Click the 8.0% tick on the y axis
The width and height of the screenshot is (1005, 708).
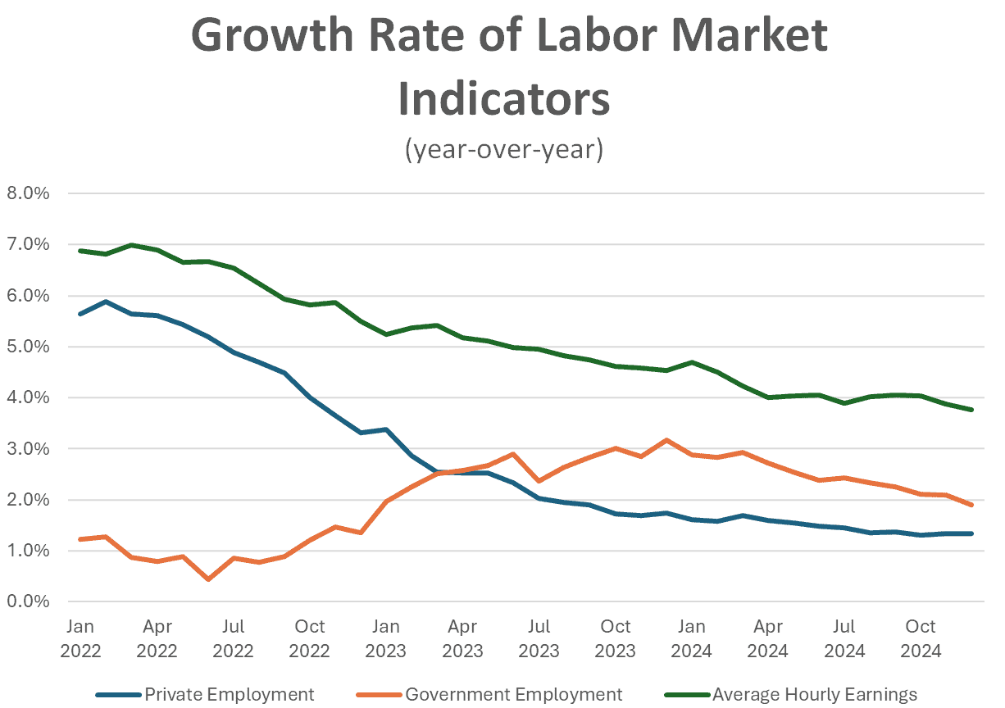click(28, 194)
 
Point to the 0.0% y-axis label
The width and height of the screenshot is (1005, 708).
click(28, 602)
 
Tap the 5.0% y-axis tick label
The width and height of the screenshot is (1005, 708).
click(28, 347)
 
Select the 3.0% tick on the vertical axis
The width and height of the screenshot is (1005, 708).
click(28, 449)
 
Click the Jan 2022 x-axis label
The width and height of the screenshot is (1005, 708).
click(80, 638)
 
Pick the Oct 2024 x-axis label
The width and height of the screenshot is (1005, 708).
click(920, 638)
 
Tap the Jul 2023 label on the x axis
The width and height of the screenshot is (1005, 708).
click(539, 638)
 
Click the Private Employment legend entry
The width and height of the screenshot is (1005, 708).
click(205, 694)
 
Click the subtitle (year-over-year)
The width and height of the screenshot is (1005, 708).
click(503, 150)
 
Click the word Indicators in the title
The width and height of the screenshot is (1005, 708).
click(503, 98)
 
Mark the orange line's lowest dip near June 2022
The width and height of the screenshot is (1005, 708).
click(208, 579)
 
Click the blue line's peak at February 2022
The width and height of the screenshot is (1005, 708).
click(106, 302)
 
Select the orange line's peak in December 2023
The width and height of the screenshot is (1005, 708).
click(666, 440)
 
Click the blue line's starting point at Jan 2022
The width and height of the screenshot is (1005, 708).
click(80, 314)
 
